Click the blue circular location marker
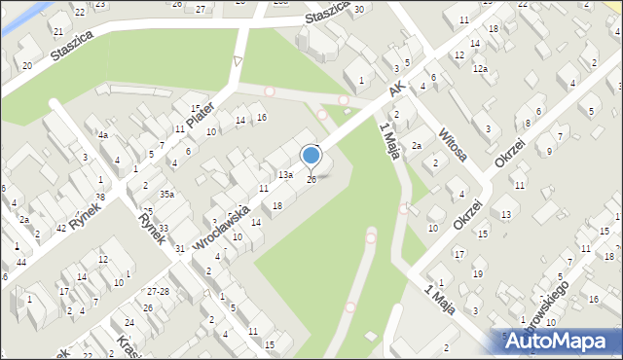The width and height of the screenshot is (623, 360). [x=311, y=155]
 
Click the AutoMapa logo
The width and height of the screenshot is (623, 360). [x=559, y=341]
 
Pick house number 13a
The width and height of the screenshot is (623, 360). [x=285, y=175]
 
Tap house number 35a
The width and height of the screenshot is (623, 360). [x=167, y=195]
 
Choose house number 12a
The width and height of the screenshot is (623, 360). [x=480, y=69]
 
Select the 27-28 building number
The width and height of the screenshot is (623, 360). [x=158, y=291]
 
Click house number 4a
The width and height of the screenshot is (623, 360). [x=102, y=135]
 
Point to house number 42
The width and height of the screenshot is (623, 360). [x=61, y=228]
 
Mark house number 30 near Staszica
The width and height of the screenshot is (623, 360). [x=359, y=9]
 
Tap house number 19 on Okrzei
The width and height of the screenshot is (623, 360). [x=477, y=273]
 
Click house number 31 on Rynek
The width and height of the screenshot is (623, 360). [x=180, y=249]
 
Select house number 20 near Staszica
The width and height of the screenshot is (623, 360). [x=27, y=65]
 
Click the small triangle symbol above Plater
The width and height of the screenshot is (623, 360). [x=237, y=62]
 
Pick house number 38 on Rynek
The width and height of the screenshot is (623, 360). [x=99, y=198]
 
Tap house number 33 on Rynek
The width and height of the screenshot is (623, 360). [x=164, y=229]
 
